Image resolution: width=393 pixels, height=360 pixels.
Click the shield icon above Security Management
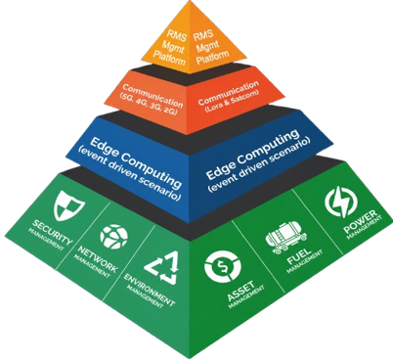point(69,205)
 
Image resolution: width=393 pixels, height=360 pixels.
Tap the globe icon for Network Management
point(113,237)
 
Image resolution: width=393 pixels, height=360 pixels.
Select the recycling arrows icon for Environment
point(162,267)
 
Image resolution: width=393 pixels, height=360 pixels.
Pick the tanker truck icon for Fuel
point(286,237)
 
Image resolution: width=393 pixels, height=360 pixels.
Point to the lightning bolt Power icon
point(341,202)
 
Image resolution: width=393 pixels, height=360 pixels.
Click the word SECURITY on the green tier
point(52,232)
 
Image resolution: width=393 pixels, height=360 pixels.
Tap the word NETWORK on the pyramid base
point(97,259)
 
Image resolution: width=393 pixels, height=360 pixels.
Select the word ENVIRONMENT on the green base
point(150,291)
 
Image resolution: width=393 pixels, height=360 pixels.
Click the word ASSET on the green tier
point(240,292)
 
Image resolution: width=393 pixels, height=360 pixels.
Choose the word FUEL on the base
point(299,256)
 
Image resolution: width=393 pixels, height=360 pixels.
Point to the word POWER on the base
point(360,222)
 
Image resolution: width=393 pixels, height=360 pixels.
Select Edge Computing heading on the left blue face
point(136,162)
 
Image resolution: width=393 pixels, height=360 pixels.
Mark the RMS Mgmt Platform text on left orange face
point(172,47)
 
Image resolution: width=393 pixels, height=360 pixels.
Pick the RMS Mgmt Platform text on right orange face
point(210,47)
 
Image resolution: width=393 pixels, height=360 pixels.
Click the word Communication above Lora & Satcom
point(228,93)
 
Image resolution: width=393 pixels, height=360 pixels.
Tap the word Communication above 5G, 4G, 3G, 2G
point(153,96)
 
